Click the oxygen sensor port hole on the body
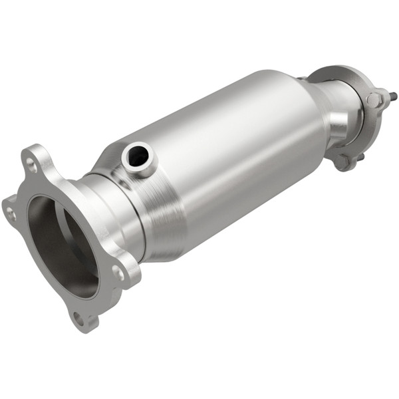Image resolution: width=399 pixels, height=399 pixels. coord(138,156)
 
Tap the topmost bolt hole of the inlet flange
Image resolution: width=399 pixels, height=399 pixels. coord(31,161)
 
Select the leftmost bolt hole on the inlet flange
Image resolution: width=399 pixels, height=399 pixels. coord(11,213)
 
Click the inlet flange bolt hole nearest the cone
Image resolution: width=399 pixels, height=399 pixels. coord(118,273)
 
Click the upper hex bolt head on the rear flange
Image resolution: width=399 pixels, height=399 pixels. coord(374,100)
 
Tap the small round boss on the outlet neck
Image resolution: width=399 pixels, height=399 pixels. coord(338,123)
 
